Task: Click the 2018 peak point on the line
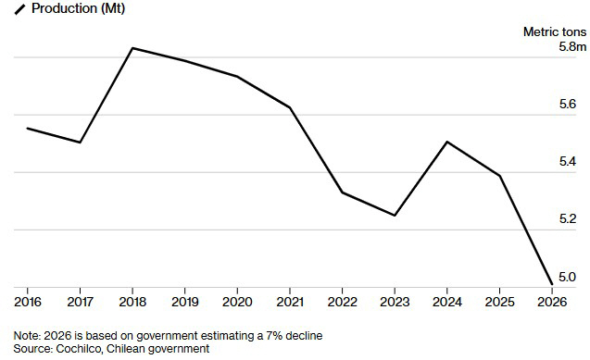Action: point(132,48)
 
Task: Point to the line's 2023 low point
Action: point(395,216)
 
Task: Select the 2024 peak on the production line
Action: point(446,142)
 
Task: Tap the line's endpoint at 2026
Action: point(552,284)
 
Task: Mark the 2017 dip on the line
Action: point(81,143)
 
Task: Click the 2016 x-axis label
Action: point(28,302)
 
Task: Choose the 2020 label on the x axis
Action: point(237,302)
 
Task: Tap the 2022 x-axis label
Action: point(342,302)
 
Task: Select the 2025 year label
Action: point(499,302)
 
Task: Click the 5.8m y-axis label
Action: point(572,47)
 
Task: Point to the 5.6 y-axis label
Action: point(568,104)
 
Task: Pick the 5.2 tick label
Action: point(568,218)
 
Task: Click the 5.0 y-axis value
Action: point(568,277)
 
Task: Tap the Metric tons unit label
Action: point(555,32)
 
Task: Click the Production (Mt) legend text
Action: point(78,8)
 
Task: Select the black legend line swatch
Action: point(19,9)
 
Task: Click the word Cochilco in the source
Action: point(79,349)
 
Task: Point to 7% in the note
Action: point(274,336)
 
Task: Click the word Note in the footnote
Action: point(27,336)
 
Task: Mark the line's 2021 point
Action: point(290,108)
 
